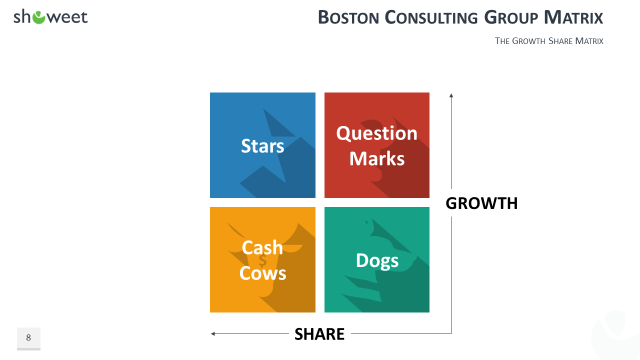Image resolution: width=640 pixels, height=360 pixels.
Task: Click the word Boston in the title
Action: tap(348, 17)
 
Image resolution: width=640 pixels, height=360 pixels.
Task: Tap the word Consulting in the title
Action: tap(431, 17)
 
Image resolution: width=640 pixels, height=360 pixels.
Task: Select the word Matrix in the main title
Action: tap(573, 17)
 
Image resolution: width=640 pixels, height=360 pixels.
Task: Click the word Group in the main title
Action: tap(511, 17)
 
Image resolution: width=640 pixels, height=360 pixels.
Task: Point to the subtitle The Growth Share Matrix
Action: tap(549, 41)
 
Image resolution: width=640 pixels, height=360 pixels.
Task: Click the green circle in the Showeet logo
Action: tap(39, 17)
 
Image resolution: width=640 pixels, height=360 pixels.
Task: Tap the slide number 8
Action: tap(28, 337)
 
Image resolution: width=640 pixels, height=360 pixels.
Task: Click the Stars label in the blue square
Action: tap(262, 146)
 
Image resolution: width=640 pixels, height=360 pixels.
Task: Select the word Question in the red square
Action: tap(377, 133)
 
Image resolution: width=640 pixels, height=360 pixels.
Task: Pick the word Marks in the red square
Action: tap(377, 158)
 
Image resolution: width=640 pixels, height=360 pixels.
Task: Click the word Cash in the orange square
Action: tap(262, 247)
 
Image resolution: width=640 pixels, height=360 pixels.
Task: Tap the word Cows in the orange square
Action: tap(262, 273)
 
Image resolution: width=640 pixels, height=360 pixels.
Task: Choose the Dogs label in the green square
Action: tap(377, 261)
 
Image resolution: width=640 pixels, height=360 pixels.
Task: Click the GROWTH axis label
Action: tap(481, 203)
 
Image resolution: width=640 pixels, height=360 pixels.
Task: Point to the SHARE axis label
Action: tap(319, 334)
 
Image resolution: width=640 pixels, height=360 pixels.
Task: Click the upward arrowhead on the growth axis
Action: tap(451, 95)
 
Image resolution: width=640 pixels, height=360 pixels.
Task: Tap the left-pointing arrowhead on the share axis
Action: tap(213, 333)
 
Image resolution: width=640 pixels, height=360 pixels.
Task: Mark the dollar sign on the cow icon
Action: tap(262, 261)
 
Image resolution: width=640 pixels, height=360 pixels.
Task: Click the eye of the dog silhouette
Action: tap(366, 222)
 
